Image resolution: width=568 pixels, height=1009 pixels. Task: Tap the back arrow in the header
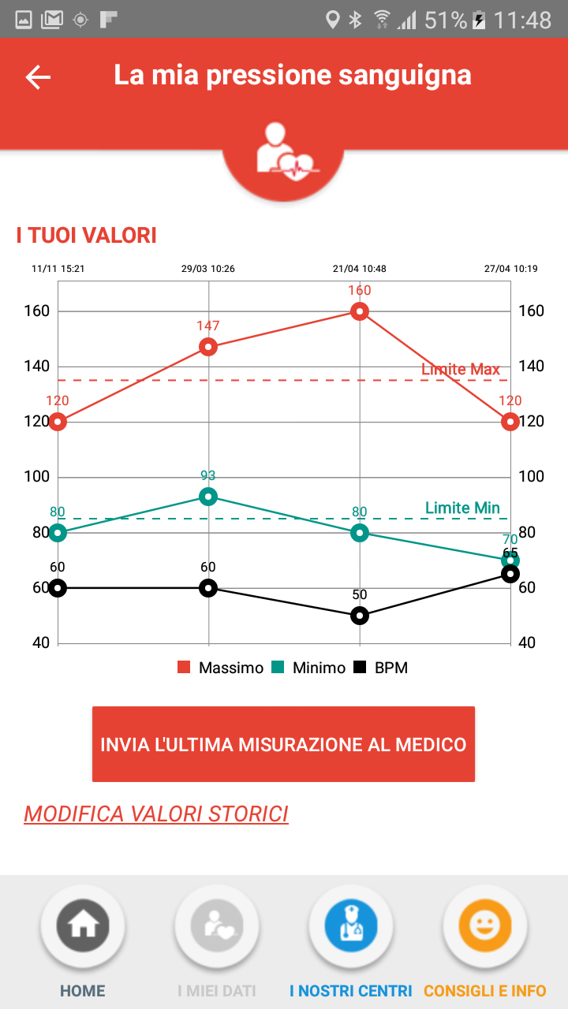(x=38, y=76)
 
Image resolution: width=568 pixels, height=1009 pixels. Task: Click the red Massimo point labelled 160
(x=360, y=311)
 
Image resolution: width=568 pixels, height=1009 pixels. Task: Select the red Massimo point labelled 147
(x=208, y=347)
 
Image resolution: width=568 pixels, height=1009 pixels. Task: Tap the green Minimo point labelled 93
(x=208, y=497)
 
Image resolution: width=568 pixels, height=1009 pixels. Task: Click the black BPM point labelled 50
(x=360, y=615)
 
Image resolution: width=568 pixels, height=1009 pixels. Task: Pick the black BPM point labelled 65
(x=510, y=574)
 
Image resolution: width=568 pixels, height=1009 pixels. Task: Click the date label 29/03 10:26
(x=208, y=269)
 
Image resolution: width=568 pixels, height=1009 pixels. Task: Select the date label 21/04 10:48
(x=360, y=269)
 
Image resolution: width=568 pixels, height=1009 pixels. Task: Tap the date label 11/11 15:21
(x=58, y=269)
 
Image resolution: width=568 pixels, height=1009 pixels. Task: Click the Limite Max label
(x=461, y=370)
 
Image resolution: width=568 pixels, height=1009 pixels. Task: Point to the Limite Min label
(x=462, y=508)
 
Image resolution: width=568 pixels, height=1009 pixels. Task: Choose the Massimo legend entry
(x=221, y=668)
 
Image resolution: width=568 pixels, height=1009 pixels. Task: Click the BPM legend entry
(x=381, y=668)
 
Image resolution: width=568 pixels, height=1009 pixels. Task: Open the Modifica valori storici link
(x=156, y=814)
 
